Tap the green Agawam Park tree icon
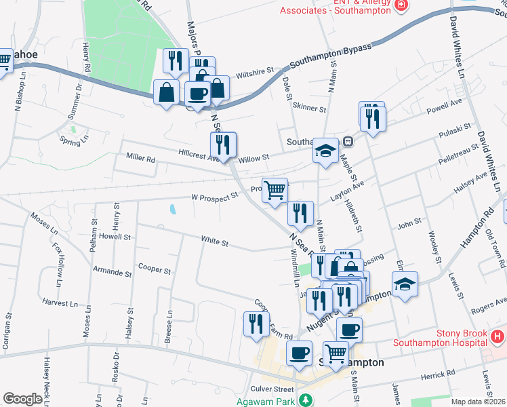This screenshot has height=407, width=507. point(306,400)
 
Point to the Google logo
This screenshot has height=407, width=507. point(22,399)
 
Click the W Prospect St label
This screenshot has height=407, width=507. point(216,196)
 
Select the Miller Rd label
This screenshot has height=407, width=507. point(140,158)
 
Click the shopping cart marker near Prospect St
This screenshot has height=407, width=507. point(275,190)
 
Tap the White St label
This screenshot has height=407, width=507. point(214,240)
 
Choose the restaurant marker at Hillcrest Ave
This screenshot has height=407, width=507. point(222,144)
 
